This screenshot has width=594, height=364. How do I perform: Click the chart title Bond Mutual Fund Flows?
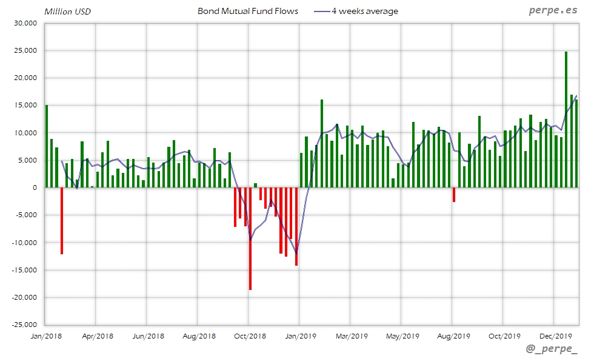coord(248,11)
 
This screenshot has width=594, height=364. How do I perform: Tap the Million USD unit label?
coord(68,12)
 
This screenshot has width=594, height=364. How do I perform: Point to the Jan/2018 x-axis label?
coord(45,336)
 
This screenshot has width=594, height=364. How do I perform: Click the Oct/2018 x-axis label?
coord(250,336)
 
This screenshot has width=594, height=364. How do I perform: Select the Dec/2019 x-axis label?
coord(556,336)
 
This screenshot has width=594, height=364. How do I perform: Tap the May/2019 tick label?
coord(402,336)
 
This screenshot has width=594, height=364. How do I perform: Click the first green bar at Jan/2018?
coord(47,146)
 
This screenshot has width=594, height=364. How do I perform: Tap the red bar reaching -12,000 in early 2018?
coord(62,220)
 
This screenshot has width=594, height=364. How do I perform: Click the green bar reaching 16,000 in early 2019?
coord(322,144)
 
